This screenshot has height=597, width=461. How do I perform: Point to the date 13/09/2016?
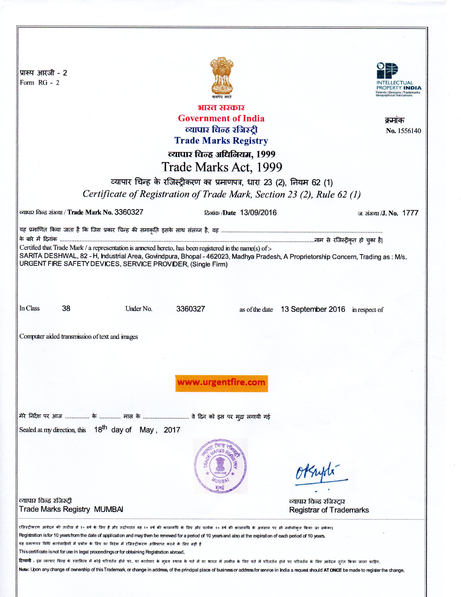pos(258,213)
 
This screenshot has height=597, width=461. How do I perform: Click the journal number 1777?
pos(410,213)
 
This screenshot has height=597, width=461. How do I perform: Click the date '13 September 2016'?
pos(313,309)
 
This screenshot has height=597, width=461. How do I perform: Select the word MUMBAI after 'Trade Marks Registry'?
pos(108,509)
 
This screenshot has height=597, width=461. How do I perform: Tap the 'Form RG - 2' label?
pos(39,82)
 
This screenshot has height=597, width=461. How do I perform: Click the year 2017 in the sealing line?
pos(172,430)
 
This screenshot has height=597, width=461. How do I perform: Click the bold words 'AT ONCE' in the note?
pos(332,570)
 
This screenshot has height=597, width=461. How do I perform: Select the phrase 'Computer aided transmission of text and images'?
pos(78,336)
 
